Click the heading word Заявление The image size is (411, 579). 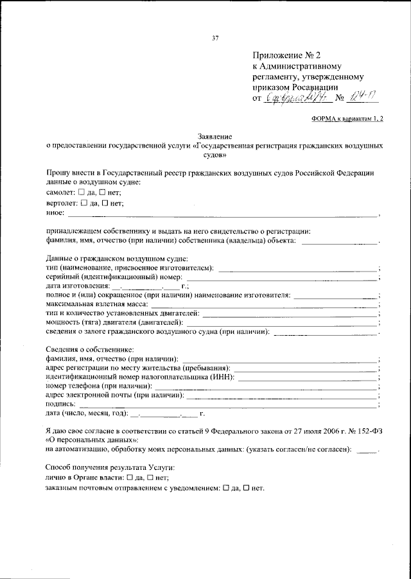point(216,137)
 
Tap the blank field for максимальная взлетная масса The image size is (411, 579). point(263,304)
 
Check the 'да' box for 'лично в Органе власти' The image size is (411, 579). point(130,478)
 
